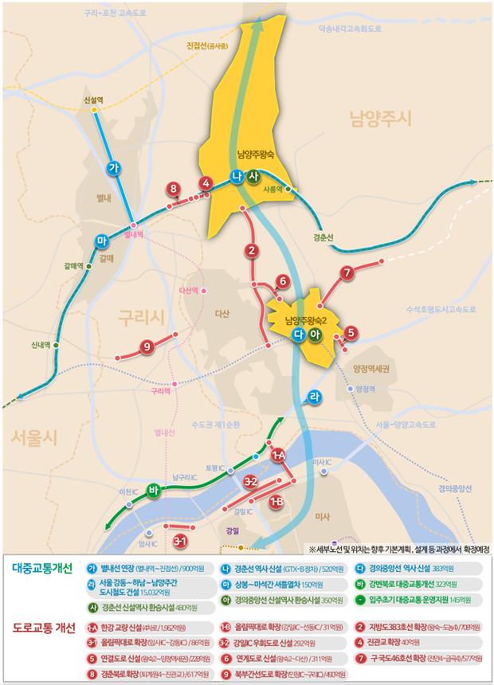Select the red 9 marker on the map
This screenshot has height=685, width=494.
pyautogui.click(x=146, y=346)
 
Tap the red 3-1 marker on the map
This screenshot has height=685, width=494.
pyautogui.click(x=180, y=542)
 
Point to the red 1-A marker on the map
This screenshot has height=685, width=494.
pyautogui.click(x=278, y=456)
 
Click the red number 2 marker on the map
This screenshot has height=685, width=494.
pyautogui.click(x=252, y=252)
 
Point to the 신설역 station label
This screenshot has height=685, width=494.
pyautogui.click(x=94, y=100)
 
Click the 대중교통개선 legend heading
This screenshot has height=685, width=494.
pyautogui.click(x=43, y=568)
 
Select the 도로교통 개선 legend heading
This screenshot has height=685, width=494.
pyautogui.click(x=45, y=627)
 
